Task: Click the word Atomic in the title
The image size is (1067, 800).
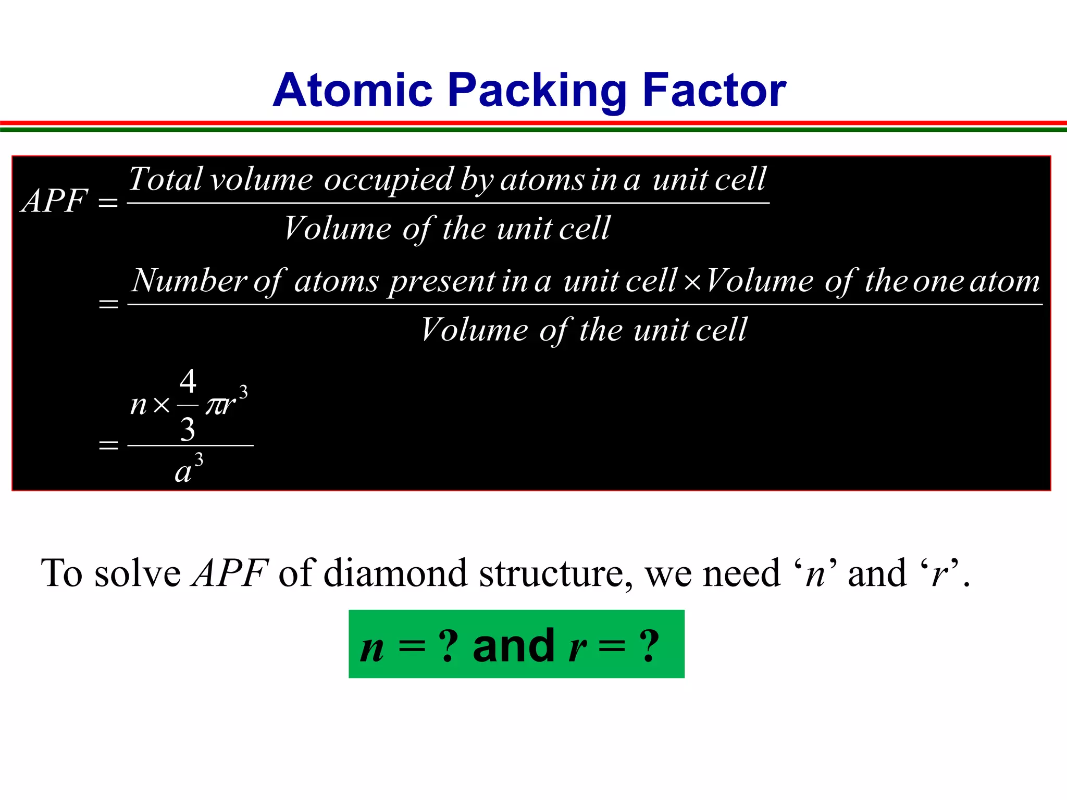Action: coord(353,90)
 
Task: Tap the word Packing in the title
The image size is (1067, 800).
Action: coord(537,91)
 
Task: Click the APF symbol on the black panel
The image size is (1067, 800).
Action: coord(55,201)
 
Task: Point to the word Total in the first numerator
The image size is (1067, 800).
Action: coord(165,179)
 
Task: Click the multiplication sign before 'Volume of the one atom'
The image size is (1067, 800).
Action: coord(692,282)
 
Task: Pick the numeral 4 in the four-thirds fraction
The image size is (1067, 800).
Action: coord(188,381)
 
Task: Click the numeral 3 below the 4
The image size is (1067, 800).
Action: coord(188,429)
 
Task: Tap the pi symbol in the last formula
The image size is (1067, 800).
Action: coord(214,405)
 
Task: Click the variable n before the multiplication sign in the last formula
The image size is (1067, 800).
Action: coord(139,405)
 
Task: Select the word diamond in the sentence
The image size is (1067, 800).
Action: coord(396,573)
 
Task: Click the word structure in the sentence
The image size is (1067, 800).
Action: coord(555,573)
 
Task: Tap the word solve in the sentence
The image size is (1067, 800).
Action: coord(138,573)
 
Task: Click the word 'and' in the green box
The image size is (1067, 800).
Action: coord(513,646)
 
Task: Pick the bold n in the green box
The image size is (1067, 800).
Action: coord(372,648)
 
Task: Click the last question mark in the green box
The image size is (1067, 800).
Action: coord(650,646)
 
